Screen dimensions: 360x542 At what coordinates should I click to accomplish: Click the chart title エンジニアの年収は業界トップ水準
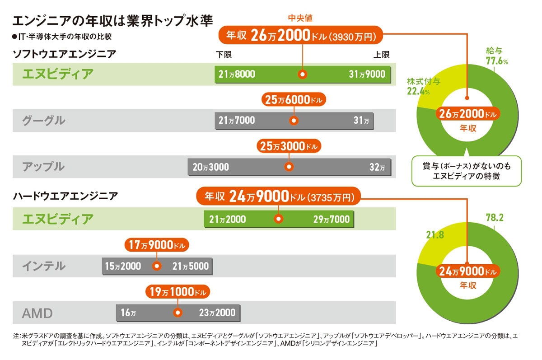(x=112, y=22)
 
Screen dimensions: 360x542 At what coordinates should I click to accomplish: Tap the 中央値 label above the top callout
(x=300, y=18)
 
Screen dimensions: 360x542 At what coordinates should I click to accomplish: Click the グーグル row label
(x=44, y=121)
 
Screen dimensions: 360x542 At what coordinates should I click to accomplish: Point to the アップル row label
(x=44, y=167)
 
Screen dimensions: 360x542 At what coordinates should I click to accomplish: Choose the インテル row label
(x=44, y=266)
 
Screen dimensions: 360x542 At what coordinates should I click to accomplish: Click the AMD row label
(x=37, y=313)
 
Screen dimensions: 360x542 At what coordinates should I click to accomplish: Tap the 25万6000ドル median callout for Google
(x=294, y=101)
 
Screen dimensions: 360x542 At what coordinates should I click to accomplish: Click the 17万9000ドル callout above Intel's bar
(x=156, y=245)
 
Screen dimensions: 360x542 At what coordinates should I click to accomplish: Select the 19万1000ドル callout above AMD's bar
(x=178, y=292)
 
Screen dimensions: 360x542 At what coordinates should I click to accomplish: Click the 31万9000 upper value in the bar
(x=367, y=74)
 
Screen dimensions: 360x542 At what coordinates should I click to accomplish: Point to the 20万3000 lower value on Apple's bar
(x=210, y=167)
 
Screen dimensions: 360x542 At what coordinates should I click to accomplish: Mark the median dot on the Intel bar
(x=157, y=266)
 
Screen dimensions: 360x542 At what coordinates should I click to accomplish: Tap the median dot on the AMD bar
(x=178, y=313)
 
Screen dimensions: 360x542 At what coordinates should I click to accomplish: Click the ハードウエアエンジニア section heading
(x=65, y=196)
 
